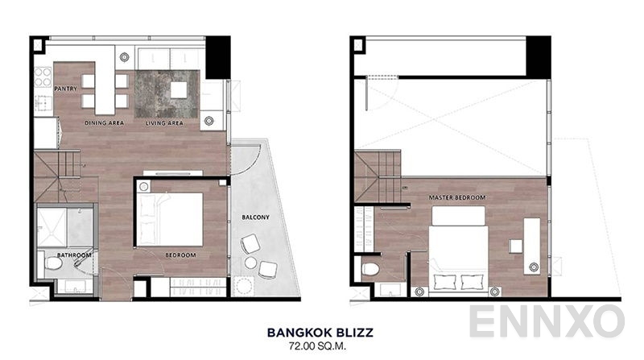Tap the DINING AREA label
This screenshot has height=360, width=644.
click(105, 123)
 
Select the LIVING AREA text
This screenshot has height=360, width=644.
click(165, 123)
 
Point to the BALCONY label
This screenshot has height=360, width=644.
click(254, 217)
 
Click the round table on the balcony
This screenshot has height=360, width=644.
click(250, 263)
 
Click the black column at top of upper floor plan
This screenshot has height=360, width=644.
click(539, 56)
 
